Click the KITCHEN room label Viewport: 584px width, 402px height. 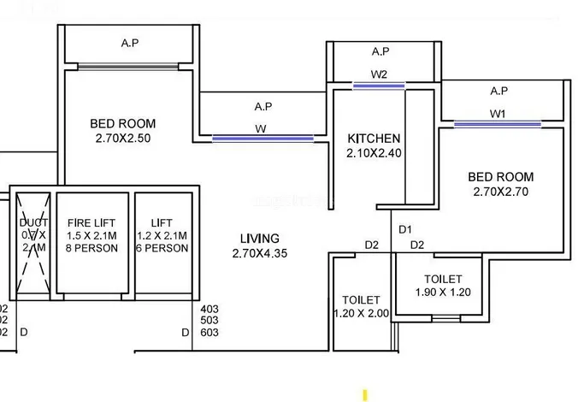[374, 139]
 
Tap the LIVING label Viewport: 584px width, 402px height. [259, 238]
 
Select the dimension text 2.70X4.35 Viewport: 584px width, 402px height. [259, 253]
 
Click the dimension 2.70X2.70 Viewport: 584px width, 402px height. [500, 192]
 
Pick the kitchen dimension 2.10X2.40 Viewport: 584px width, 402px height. [374, 154]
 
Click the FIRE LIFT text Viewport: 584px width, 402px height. [91, 223]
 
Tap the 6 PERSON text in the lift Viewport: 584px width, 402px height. [162, 249]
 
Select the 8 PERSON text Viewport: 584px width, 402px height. [91, 249]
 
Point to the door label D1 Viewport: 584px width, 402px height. [405, 229]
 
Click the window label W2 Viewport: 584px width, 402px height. [380, 74]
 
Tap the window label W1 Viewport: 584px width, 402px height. [498, 114]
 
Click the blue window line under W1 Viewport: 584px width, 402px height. [498, 125]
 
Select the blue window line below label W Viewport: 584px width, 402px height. [263, 138]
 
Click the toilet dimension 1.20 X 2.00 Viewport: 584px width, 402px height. [361, 313]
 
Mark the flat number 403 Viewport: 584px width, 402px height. [209, 309]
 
